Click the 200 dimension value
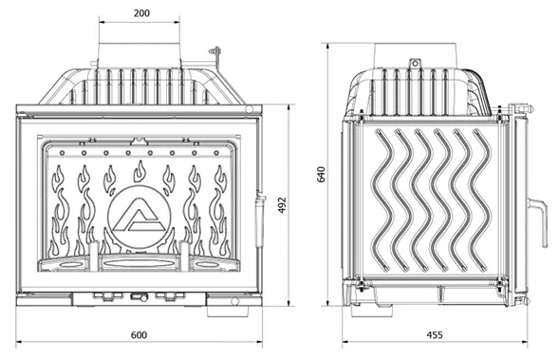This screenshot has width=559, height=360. [141, 13]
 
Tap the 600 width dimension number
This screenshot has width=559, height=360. [139, 335]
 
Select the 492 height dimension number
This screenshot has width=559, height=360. [282, 205]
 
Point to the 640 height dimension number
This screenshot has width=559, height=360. [321, 175]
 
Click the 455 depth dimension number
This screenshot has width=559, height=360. [435, 335]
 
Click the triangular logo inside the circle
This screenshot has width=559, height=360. [139, 217]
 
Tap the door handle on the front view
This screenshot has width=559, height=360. [259, 218]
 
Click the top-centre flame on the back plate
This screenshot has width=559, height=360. [140, 171]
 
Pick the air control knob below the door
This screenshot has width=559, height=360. [139, 297]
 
